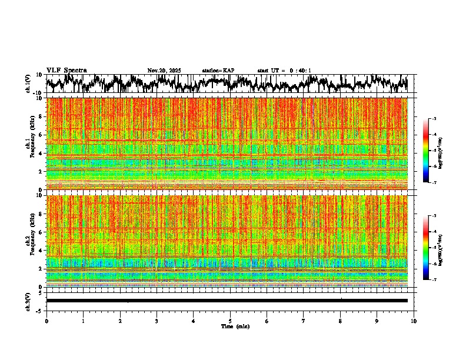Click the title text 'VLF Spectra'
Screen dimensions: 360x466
coord(66,71)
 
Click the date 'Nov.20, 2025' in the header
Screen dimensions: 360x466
coord(164,71)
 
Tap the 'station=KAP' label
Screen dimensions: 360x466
coord(218,71)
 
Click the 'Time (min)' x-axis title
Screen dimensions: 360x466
coord(235,326)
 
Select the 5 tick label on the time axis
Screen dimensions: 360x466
coord(230,321)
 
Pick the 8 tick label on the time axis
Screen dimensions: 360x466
coord(340,321)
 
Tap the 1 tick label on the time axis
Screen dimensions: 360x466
coord(83,321)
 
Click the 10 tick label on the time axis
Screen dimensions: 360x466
coord(414,321)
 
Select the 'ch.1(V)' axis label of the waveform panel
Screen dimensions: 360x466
coord(29,84)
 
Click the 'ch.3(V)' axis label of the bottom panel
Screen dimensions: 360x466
coord(29,301)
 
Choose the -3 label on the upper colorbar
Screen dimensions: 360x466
coord(434,119)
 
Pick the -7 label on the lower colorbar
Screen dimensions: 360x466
coord(434,280)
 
